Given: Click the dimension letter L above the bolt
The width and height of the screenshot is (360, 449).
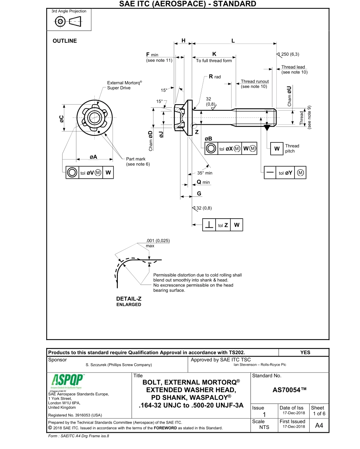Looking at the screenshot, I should click(233, 41).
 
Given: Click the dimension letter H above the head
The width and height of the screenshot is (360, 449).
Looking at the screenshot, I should click(183, 41).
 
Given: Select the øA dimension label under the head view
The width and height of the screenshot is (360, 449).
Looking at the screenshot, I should click(93, 157).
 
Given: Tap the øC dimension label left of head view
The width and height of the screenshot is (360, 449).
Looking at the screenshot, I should click(61, 119).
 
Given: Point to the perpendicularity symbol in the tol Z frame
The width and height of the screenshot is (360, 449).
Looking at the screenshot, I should click(209, 225).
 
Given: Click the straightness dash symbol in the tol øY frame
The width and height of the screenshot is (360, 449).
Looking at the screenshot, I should click(270, 173).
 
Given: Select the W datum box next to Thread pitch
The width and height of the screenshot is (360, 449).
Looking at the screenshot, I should click(276, 149).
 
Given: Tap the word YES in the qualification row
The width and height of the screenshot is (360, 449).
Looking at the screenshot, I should click(305, 352).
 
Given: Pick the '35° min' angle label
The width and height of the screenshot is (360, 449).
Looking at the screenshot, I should click(205, 173).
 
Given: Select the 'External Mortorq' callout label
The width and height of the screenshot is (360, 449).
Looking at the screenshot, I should click(124, 83).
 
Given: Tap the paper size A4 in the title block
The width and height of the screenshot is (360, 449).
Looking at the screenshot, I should click(319, 426).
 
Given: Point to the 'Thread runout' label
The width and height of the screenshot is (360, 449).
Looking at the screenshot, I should click(255, 81).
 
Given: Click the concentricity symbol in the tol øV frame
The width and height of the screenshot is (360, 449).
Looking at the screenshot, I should click(72, 173).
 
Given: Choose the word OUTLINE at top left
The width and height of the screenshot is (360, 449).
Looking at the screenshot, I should click(64, 41).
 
